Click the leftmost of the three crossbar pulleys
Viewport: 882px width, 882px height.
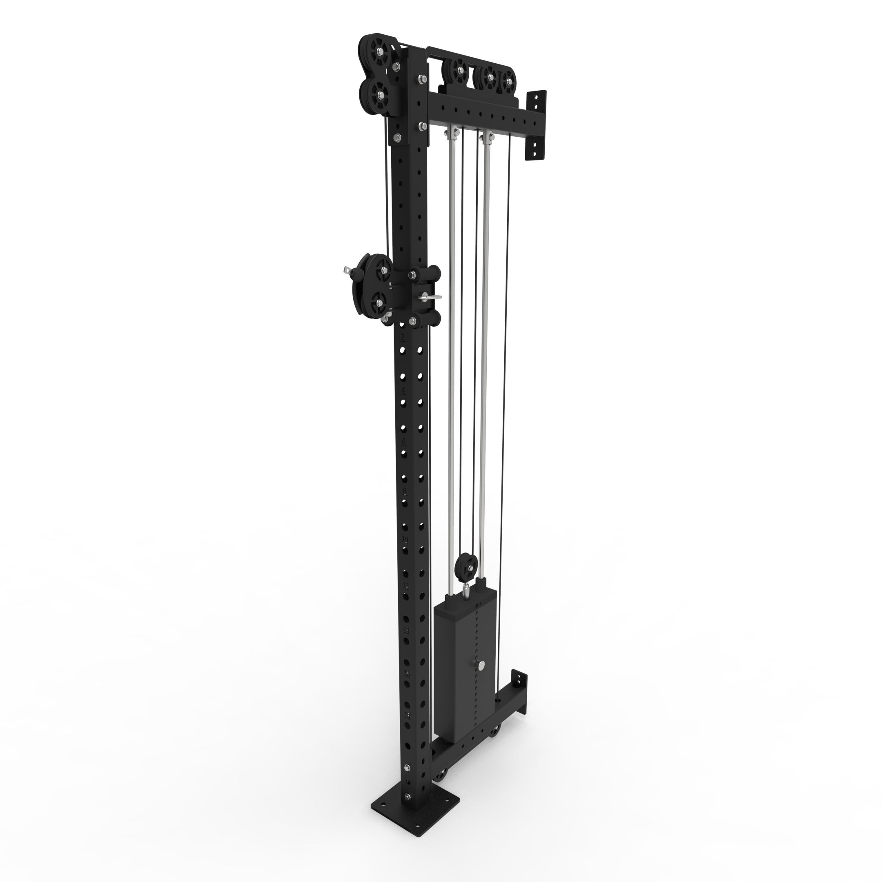click(x=459, y=71)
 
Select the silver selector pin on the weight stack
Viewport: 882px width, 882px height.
click(x=482, y=678)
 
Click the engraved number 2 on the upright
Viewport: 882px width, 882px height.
click(x=402, y=337)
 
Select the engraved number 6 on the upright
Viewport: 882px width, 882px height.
click(x=403, y=441)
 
